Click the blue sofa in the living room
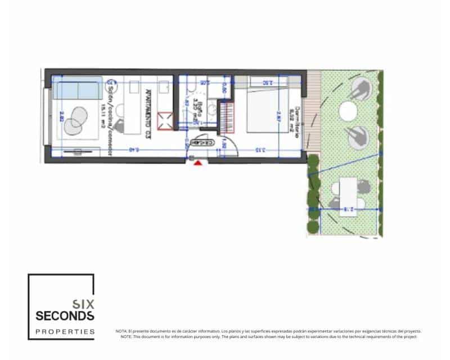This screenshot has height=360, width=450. point(79,90)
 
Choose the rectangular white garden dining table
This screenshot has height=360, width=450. point(349,192)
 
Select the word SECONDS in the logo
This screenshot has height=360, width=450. point(65,316)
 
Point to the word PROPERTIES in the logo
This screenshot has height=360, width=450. point(65,332)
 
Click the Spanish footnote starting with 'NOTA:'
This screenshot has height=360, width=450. point(268,331)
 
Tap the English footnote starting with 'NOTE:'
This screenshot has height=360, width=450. point(268,336)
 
